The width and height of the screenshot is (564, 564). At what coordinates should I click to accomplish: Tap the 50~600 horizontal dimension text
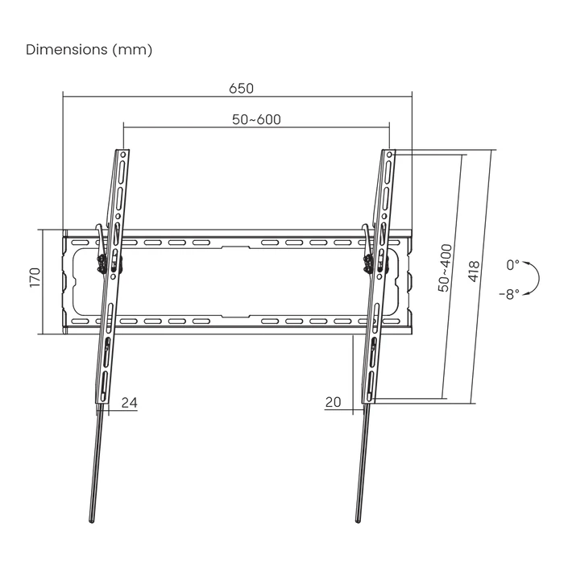pos(256,119)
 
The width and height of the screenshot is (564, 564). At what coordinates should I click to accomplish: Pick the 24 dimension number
pos(129,402)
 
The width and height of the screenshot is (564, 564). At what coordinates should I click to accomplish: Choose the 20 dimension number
pos(334,402)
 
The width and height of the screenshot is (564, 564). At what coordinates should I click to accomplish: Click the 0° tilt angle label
pos(513,265)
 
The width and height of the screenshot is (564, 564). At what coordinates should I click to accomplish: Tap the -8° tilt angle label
pos(511,293)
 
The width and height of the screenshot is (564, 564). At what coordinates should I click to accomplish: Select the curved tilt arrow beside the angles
pos(533,278)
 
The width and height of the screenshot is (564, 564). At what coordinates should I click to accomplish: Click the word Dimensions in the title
pos(67,50)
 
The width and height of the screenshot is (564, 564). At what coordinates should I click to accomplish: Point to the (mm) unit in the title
pos(133,50)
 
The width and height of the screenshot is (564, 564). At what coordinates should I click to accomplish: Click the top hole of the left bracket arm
pos(123,153)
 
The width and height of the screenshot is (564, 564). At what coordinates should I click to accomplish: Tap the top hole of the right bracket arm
pos(389,153)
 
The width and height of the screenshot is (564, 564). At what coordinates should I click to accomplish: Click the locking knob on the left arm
pos(102,263)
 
